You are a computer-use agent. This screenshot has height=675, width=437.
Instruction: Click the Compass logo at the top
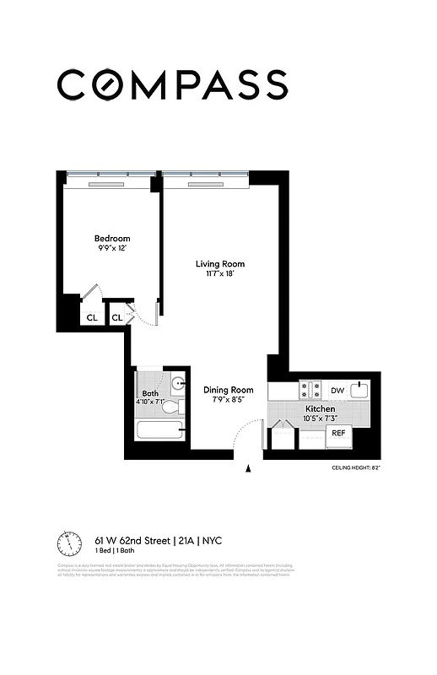[172, 84]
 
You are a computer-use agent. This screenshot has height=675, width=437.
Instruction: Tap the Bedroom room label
[112, 239]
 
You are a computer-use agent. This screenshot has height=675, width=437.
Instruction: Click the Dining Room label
[229, 390]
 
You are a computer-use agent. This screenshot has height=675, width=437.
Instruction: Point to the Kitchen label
[321, 408]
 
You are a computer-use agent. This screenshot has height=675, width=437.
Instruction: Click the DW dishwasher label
[337, 391]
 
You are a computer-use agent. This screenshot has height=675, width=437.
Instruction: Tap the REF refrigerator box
[338, 433]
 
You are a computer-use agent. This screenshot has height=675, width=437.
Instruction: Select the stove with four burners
[310, 391]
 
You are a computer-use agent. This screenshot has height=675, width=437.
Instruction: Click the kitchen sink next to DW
[360, 390]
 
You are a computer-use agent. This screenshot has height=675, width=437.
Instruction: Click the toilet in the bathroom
[171, 407]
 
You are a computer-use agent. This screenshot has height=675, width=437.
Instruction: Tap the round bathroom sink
[178, 384]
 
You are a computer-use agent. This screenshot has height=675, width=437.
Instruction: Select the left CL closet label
[90, 318]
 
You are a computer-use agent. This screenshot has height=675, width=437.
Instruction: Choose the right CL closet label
[116, 318]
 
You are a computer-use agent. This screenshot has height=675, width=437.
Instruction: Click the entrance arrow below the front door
[248, 470]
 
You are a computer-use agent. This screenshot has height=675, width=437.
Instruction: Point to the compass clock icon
[69, 541]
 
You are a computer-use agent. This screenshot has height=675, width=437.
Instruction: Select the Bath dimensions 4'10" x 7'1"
[150, 402]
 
